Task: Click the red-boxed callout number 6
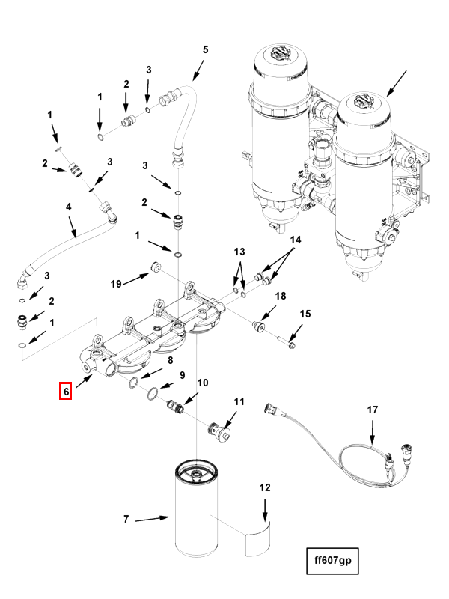pos(66,390)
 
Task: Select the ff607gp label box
pos(332,560)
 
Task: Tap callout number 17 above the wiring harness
pos(372,410)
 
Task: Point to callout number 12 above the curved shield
pos(265,488)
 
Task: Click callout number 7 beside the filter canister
pos(126,519)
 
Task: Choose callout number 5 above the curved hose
pos(205,49)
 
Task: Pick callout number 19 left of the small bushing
pos(116,284)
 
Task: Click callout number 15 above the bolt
pos(305,314)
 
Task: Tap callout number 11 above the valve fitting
pos(239,401)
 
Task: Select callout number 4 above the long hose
pos(68,207)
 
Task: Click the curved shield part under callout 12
pos(257,538)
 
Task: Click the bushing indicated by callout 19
pos(156,267)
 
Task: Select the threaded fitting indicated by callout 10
pos(176,406)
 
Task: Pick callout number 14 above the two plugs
pos(296,240)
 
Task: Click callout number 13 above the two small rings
pos(239,252)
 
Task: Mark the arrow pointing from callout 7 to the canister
pos(152,519)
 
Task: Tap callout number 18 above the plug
pos(280,296)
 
